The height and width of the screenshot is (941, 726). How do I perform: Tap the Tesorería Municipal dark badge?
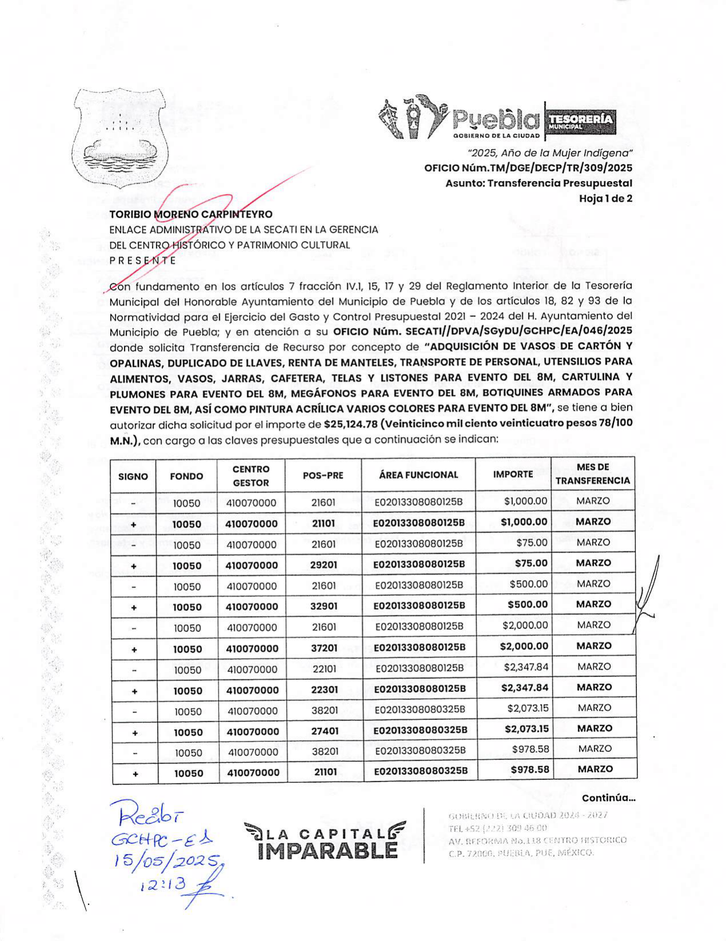click(581, 121)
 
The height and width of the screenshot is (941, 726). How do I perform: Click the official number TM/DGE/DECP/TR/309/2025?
click(528, 168)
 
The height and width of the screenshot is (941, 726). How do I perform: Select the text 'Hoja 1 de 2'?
click(605, 199)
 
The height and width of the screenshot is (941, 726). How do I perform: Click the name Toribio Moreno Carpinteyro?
click(191, 214)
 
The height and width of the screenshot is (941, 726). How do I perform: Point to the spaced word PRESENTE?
click(142, 260)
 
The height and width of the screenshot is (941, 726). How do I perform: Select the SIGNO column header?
click(133, 476)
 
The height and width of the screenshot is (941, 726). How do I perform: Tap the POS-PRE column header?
click(323, 475)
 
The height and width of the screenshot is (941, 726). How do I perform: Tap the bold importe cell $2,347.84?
click(524, 687)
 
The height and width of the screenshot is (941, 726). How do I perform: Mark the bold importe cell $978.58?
click(531, 770)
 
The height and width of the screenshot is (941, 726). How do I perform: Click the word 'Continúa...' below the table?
click(608, 798)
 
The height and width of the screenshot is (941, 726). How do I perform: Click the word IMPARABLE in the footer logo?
click(327, 851)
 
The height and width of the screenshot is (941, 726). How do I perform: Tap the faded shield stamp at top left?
click(119, 137)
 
